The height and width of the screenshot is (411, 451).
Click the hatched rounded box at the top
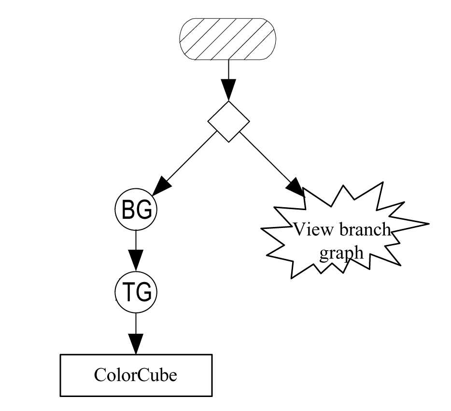tap(228, 39)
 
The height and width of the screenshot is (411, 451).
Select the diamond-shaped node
tap(228, 121)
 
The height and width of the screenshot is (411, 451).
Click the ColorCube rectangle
tap(136, 375)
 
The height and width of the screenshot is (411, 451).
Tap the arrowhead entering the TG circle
tap(136, 261)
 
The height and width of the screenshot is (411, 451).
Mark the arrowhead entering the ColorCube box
tap(136, 344)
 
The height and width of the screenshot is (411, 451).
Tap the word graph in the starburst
tap(341, 252)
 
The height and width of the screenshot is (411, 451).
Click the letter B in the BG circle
tap(129, 210)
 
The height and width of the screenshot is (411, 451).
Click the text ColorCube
tap(136, 375)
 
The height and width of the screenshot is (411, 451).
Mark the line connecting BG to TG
tap(136, 241)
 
